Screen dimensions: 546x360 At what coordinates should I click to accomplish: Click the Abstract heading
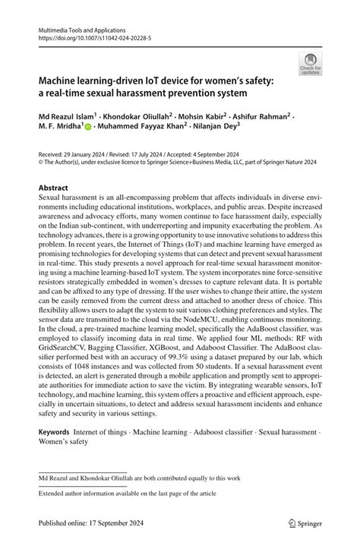pos(55,187)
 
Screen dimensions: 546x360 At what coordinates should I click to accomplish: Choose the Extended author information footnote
pos(116,494)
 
